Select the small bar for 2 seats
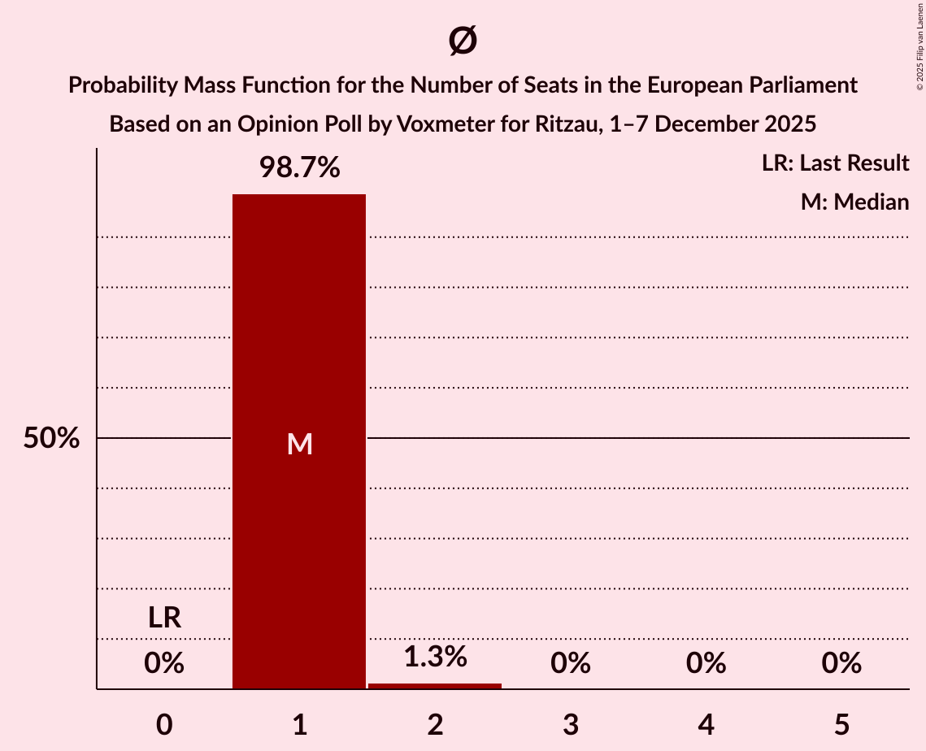pos(435,686)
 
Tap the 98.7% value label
pos(299,168)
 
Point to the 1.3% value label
pos(435,657)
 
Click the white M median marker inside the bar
pos(299,444)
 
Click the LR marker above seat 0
pos(164,619)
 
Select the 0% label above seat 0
pos(164,663)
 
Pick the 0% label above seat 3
pos(571,663)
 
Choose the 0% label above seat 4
pos(706,663)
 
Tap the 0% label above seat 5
pos(841,663)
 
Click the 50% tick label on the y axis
pos(51,439)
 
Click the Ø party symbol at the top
pos(463,41)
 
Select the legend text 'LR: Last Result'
pos(835,163)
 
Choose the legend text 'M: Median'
pos(854,202)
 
